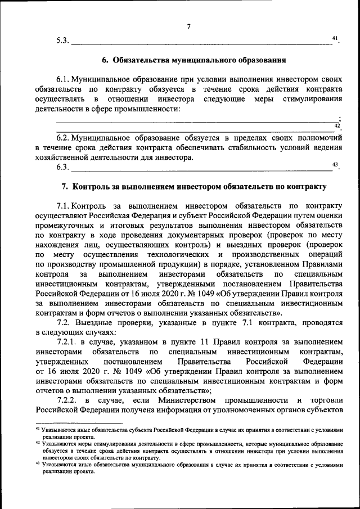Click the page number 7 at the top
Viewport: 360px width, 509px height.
pos(188,27)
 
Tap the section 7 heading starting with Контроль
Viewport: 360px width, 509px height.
pos(193,186)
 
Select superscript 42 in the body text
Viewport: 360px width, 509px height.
pos(337,125)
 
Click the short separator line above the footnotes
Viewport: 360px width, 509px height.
pos(78,423)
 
